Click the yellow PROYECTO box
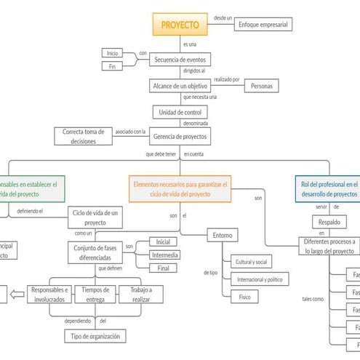click(180, 25)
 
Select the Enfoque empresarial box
click(263, 25)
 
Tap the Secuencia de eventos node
click(180, 60)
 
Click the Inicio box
click(113, 53)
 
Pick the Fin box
click(113, 67)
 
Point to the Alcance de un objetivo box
click(180, 86)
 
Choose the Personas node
click(262, 86)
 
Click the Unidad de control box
click(180, 112)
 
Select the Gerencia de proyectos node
click(180, 136)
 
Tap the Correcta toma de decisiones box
click(84, 137)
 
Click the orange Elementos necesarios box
click(181, 189)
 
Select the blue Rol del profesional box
click(328, 189)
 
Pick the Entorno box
click(222, 235)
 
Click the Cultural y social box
click(252, 261)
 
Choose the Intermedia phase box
click(164, 255)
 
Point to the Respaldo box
click(325, 221)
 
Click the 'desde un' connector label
click(223, 17)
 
